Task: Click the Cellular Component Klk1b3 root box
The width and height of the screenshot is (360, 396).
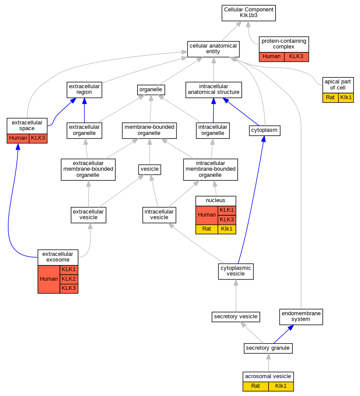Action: click(249, 12)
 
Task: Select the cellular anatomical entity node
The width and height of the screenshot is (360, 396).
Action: click(213, 48)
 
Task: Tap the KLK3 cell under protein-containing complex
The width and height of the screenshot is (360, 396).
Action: click(296, 56)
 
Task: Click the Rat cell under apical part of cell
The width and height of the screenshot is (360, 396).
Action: click(330, 97)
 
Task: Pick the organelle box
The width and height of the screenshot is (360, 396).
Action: click(151, 90)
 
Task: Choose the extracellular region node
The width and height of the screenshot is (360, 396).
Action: click(84, 89)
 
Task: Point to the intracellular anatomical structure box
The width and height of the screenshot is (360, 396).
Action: click(213, 89)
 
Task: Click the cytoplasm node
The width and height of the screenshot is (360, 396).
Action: click(264, 130)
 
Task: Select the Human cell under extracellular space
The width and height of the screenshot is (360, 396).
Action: click(18, 138)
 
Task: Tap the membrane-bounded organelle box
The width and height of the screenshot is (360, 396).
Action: click(149, 130)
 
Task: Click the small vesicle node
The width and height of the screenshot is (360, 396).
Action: click(150, 169)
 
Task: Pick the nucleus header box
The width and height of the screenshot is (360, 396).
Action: click(215, 200)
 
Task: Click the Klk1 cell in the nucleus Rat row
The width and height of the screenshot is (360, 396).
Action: click(227, 229)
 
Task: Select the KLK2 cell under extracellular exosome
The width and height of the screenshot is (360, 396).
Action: click(69, 279)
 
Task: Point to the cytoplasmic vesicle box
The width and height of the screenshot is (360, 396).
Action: click(236, 271)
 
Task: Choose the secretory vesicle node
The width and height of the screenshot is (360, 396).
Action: click(236, 316)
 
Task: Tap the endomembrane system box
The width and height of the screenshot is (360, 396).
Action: click(301, 317)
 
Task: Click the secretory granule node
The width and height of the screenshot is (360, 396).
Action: click(268, 348)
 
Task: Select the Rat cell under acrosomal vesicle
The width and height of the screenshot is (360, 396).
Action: click(256, 386)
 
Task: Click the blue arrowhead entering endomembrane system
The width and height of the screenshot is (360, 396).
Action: click(290, 328)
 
